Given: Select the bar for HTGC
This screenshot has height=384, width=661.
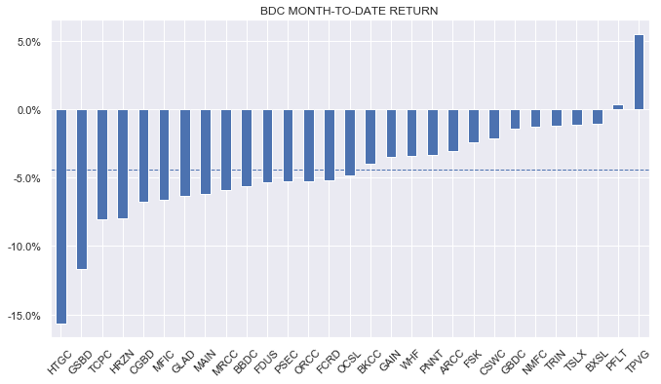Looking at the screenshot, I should [61, 214].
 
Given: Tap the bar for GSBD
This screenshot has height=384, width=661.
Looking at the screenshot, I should [82, 188].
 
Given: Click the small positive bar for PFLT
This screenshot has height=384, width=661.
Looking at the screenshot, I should [618, 107].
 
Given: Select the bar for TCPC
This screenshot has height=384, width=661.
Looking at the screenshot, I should [102, 164].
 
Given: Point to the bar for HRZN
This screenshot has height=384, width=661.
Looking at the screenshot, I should [123, 164].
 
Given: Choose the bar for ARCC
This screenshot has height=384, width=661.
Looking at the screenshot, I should [452, 130].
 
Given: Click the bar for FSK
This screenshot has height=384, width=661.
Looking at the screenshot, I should [474, 126].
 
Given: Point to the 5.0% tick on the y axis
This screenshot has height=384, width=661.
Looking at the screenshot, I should [26, 42].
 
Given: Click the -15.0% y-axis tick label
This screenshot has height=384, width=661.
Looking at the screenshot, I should [23, 316].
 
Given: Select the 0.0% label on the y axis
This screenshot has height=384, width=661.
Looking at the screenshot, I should [26, 110].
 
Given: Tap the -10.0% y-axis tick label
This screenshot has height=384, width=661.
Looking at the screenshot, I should [23, 248].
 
